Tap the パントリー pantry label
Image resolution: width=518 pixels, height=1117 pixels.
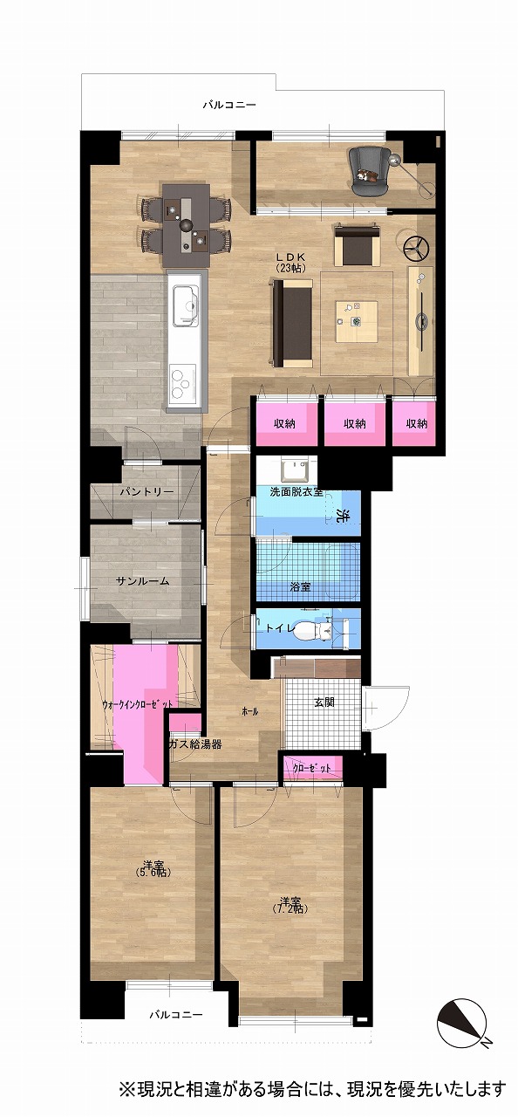(147, 491)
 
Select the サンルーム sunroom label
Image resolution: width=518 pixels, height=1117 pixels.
(142, 581)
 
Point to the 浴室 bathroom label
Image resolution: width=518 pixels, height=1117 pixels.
(300, 587)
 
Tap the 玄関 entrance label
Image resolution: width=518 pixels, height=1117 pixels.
(324, 702)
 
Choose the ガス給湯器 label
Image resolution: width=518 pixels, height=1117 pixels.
(194, 745)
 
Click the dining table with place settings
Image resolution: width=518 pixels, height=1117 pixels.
(187, 225)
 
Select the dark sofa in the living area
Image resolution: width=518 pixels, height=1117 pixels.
(293, 322)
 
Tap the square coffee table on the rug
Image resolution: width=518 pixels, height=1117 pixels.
(356, 321)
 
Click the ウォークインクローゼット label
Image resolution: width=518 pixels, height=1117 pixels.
(138, 704)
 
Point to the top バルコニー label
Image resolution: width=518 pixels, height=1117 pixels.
(229, 106)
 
